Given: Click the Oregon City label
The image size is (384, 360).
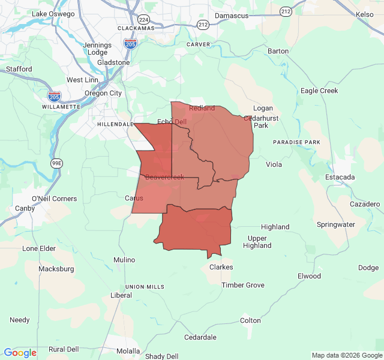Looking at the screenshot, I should (103, 93).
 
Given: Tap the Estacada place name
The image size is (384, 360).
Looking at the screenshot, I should (340, 177).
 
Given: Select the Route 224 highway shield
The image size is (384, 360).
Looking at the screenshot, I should (143, 19).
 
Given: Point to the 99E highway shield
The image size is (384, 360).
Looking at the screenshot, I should (56, 163).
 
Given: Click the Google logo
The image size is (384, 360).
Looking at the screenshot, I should (20, 353).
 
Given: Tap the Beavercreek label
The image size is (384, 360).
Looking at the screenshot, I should (164, 177).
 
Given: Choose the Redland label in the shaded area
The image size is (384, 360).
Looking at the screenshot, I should (202, 108).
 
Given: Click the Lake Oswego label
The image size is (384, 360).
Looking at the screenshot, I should (53, 14).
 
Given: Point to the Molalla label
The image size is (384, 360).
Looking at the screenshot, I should (128, 351).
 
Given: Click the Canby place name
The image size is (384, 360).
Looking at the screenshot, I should (25, 208).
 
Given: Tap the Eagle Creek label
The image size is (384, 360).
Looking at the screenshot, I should (319, 91).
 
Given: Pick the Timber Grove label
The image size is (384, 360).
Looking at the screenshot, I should (242, 285).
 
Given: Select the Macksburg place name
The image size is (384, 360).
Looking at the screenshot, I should (56, 269).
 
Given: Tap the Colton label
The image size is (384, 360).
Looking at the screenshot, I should (250, 320).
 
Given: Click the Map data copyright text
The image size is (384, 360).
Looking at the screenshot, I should (346, 355).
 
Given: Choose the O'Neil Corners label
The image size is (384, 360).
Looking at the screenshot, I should (54, 199).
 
